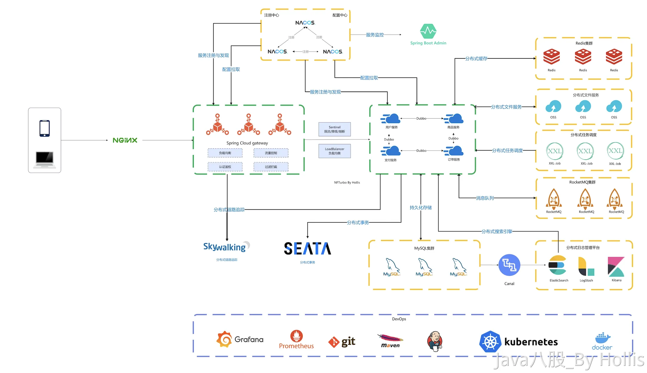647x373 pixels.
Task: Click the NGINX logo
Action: (x=125, y=140)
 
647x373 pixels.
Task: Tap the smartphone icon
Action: (x=44, y=128)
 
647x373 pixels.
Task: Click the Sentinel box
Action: (x=335, y=129)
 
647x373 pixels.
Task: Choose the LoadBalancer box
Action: (x=335, y=151)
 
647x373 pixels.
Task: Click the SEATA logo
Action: (x=307, y=248)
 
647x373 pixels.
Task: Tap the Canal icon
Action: (x=509, y=265)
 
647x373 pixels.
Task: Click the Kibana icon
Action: (x=616, y=267)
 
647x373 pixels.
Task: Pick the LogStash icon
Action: (x=586, y=267)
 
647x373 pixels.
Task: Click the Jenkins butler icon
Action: (x=434, y=341)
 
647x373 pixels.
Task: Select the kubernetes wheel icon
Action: (x=490, y=341)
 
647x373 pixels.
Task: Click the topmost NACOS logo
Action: (x=305, y=23)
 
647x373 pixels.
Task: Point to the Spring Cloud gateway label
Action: (x=247, y=143)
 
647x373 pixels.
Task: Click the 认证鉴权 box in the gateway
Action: (x=225, y=167)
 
